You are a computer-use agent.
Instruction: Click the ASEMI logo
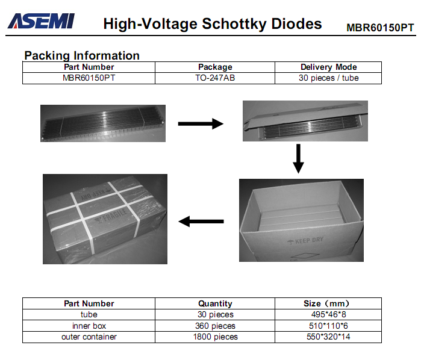pos(41,21)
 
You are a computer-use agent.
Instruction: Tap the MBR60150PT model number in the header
pos(380,28)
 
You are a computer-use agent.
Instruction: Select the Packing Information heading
pos(82,55)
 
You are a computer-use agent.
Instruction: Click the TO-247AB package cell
pos(215,78)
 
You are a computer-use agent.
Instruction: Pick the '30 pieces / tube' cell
pos(329,78)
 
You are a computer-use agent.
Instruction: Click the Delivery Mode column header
pos(329,67)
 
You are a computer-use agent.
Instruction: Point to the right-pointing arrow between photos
pos(201,124)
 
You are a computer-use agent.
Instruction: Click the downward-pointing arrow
pos(298,159)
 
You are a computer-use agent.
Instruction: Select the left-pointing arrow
pos(201,222)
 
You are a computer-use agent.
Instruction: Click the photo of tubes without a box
pos(103,123)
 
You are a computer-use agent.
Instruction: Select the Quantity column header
pos(215,303)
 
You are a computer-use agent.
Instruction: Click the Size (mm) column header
pos(326,303)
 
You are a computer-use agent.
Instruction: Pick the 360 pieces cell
pos(215,326)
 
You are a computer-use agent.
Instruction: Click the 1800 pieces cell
pos(216,337)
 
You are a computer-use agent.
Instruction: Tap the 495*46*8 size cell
pos(329,314)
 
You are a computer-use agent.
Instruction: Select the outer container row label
pos(89,337)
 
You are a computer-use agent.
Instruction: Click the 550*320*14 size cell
pos(328,337)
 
